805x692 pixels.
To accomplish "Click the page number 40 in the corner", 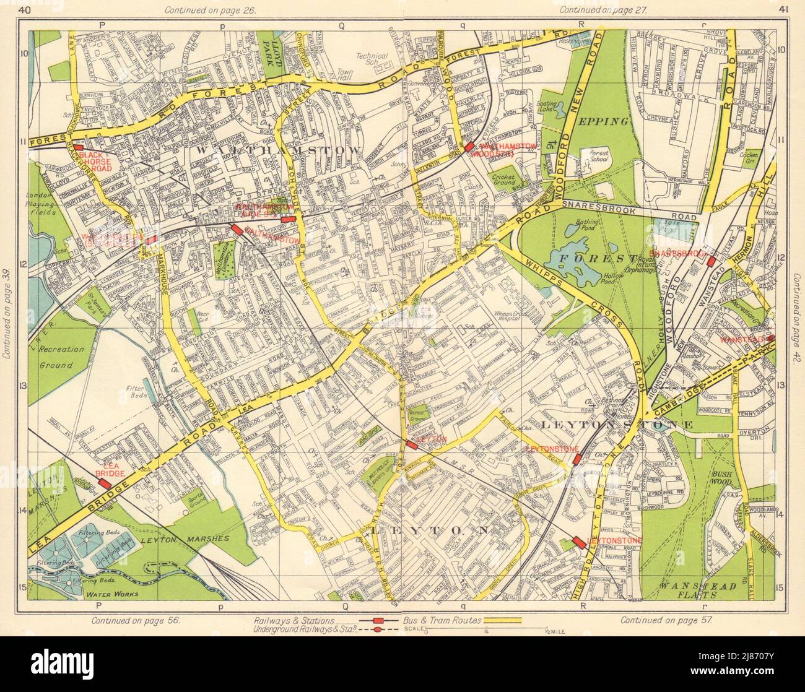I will (x=24, y=9).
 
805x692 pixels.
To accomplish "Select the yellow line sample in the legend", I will (x=498, y=620).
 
